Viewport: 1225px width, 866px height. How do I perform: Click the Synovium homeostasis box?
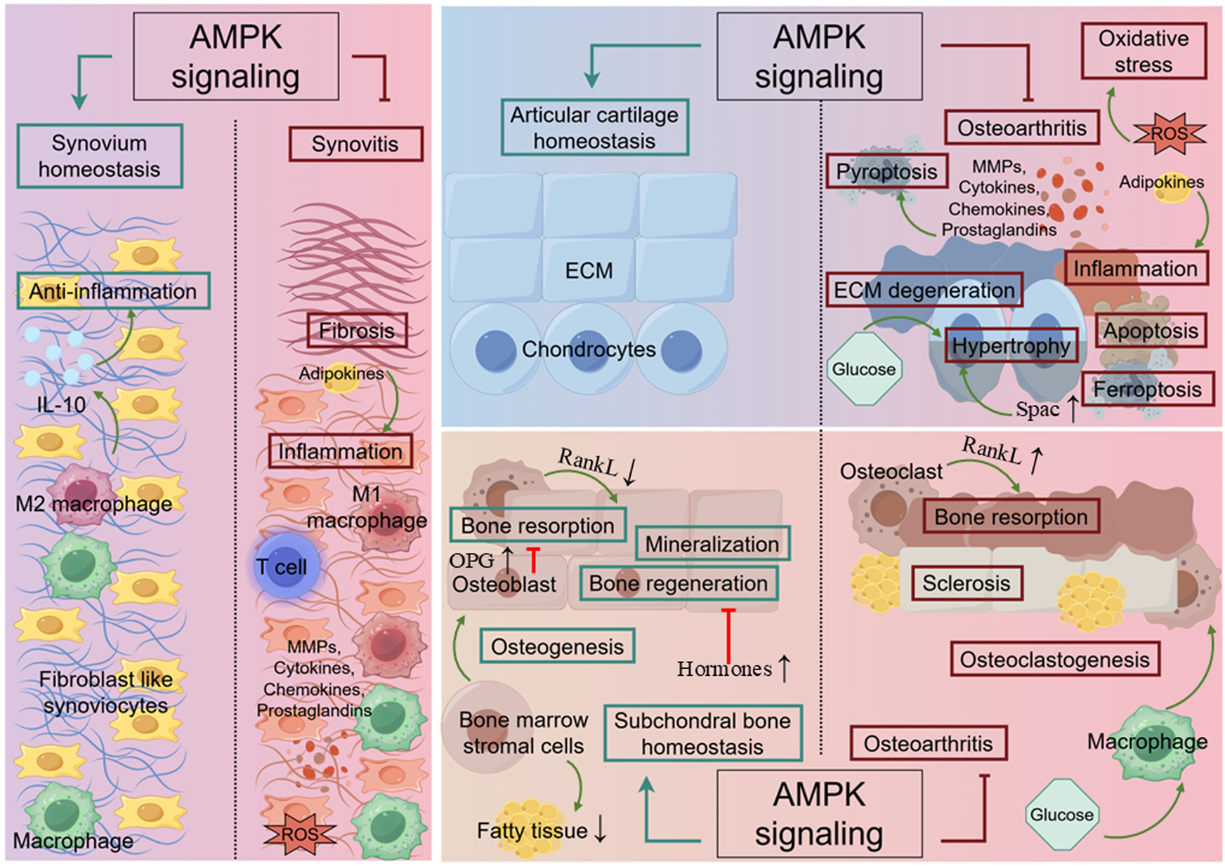[x=99, y=156]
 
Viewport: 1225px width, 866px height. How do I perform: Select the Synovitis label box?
[x=355, y=144]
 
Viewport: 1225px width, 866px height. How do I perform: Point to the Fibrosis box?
[x=357, y=331]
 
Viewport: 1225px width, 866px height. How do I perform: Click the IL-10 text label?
[x=61, y=404]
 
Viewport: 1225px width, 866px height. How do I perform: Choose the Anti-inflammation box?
[x=113, y=291]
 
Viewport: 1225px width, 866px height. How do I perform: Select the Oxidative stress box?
[x=1143, y=51]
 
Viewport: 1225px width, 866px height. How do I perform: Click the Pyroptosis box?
[x=886, y=172]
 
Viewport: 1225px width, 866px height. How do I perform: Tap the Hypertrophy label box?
[x=1011, y=346]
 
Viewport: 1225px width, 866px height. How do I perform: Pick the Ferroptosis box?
[x=1147, y=389]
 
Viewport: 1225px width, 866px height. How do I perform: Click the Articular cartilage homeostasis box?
[x=594, y=127]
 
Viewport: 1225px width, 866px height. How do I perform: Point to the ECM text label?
[x=589, y=271]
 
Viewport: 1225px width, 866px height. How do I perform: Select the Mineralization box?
[x=712, y=544]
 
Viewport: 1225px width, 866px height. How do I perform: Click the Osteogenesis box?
[x=557, y=646]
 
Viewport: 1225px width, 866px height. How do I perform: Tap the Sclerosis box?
[x=966, y=583]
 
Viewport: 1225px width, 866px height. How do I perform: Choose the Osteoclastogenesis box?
[x=1054, y=660]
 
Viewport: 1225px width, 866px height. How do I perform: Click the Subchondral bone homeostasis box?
[x=702, y=733]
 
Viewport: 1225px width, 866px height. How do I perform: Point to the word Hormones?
[x=724, y=669]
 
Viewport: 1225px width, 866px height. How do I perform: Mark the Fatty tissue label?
[x=532, y=831]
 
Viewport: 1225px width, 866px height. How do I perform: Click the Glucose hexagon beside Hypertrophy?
[x=863, y=370]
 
